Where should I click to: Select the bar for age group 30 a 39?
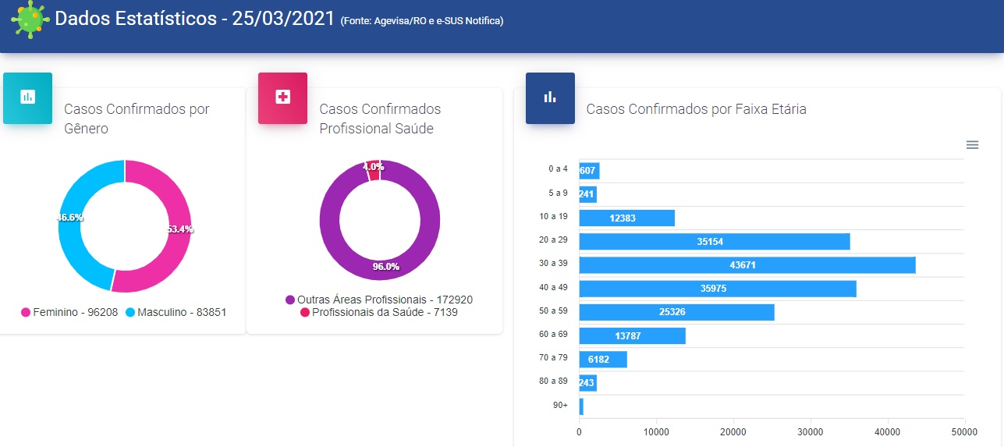coord(747,265)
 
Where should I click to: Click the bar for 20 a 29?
coord(714,242)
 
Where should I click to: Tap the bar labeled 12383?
coord(626,218)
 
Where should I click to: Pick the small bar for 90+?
coord(581,406)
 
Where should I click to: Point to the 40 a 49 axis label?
coord(554,286)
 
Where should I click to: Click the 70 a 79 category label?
coord(554,357)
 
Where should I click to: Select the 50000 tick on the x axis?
coord(964,431)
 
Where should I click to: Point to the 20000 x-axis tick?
coord(733,431)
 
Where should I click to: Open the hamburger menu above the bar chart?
coord(972,144)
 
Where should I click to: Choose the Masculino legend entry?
coord(176,312)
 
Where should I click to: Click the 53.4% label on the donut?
coord(180,229)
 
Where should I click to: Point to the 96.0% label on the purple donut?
coord(385,267)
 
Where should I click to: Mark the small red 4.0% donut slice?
coord(374,170)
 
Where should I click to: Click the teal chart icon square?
coord(28,98)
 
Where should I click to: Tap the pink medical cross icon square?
coord(282,98)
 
